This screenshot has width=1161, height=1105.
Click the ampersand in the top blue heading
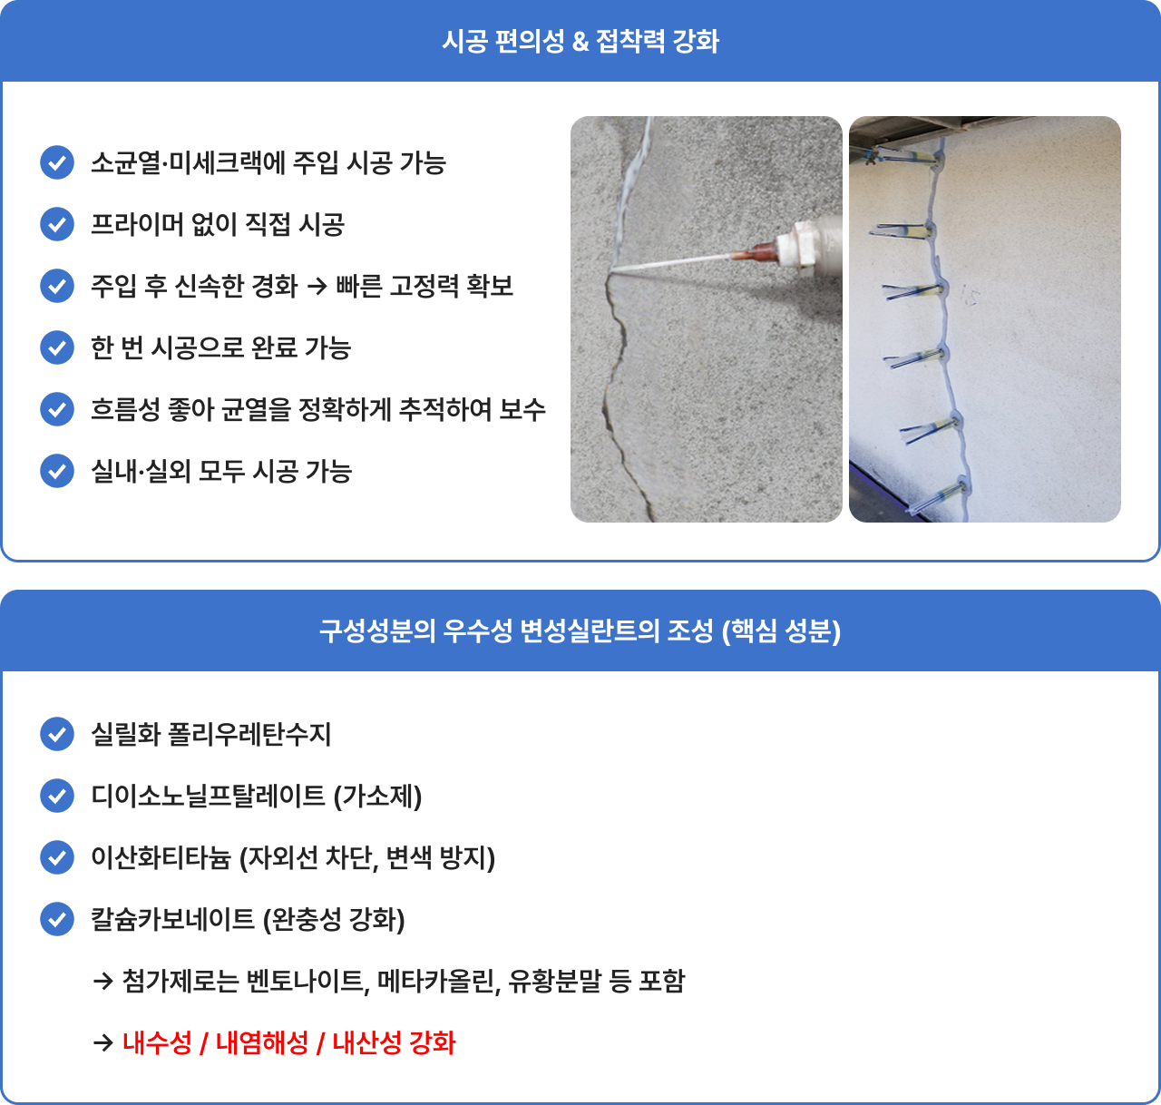[x=581, y=42]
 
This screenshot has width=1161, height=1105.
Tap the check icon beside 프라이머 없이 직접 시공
[x=57, y=224]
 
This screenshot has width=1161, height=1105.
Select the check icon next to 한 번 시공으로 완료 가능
[x=57, y=347]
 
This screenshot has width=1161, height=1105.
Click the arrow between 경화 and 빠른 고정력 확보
[x=317, y=287]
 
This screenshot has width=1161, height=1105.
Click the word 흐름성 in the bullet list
[x=126, y=409]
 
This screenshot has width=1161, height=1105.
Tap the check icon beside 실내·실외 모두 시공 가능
[x=57, y=471]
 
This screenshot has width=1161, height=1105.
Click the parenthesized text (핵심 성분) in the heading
[x=781, y=631]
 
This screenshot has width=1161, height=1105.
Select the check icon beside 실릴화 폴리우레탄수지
[x=57, y=734]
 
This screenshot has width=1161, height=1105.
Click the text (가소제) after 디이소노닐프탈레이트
[x=378, y=796]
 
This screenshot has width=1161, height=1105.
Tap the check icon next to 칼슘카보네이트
[x=57, y=919]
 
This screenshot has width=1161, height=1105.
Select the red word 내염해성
[x=262, y=1043]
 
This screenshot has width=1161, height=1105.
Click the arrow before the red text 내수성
[x=103, y=1043]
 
